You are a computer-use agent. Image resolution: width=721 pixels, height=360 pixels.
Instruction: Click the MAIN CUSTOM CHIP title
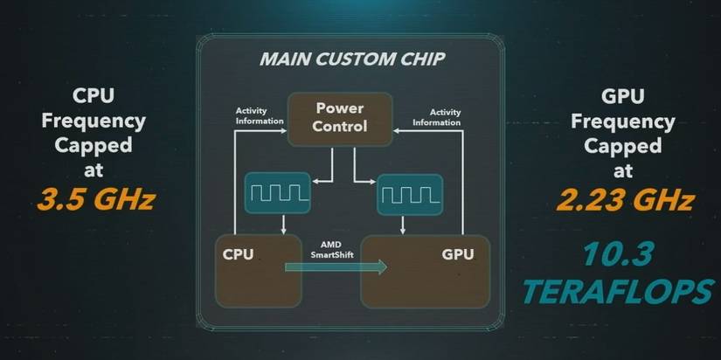point(351,60)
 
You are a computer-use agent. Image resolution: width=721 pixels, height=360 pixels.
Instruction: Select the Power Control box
point(340,118)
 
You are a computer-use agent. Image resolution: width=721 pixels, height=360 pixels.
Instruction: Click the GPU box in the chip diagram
point(426,270)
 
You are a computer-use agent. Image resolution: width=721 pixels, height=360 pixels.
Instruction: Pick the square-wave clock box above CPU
point(277,193)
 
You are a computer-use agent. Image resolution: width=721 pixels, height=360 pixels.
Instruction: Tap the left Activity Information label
point(260,116)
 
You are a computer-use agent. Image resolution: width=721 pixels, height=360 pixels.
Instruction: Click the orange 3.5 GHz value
point(96,202)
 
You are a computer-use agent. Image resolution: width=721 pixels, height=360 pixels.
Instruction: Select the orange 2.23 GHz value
point(625,202)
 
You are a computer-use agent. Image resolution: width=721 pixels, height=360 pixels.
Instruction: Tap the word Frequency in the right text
point(621,121)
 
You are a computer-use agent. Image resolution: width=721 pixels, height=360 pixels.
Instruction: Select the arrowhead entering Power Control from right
point(396,130)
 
